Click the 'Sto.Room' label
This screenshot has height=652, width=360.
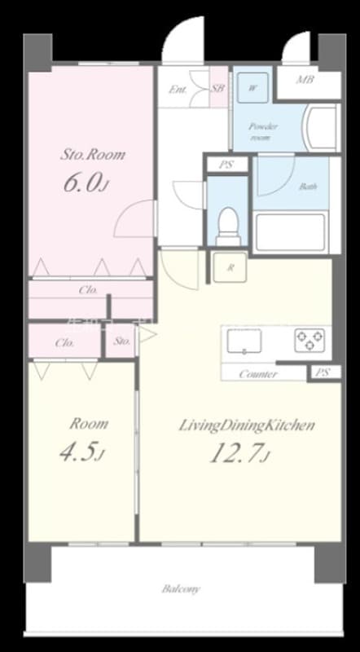tap(94, 154)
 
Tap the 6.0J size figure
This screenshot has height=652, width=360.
tap(85, 183)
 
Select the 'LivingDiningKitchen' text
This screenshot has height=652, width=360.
tap(247, 425)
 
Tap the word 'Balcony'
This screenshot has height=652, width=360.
tap(181, 588)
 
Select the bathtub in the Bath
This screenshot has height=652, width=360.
tap(291, 231)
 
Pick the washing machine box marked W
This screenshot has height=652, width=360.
tap(252, 87)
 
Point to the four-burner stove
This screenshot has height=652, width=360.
tap(310, 339)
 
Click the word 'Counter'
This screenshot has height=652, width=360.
tap(258, 374)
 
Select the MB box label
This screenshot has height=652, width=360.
tap(305, 80)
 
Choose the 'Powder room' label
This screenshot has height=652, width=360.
tap(263, 132)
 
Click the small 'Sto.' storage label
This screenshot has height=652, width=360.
tap(122, 342)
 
